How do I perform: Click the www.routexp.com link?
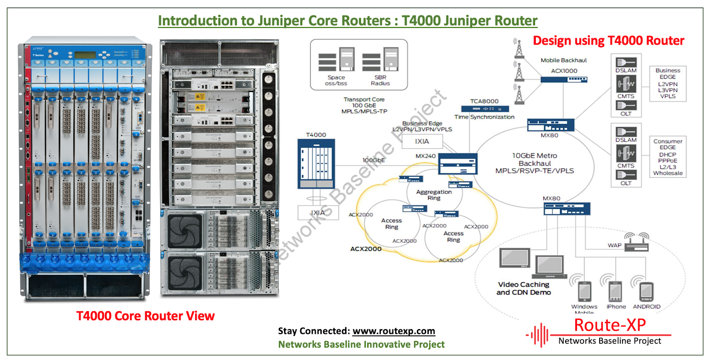[x=393, y=331]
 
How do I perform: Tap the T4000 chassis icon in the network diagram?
[x=316, y=164]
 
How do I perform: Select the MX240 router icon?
[x=458, y=164]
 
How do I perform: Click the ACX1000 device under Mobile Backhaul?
[x=564, y=79]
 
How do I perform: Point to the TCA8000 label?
[x=484, y=101]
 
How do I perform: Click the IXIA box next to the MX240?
[x=422, y=142]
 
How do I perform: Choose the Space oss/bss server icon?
[x=336, y=60]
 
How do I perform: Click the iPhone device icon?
[x=615, y=292]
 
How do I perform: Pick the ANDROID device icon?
[x=646, y=292]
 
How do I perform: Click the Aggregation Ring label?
[x=434, y=195]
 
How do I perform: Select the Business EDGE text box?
[x=668, y=83]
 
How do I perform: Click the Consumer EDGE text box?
[x=668, y=157]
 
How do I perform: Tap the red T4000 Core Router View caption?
[x=145, y=316]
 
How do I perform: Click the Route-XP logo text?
[x=610, y=325]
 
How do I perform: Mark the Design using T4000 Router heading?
[x=608, y=41]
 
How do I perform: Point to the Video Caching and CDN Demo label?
[x=523, y=288]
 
